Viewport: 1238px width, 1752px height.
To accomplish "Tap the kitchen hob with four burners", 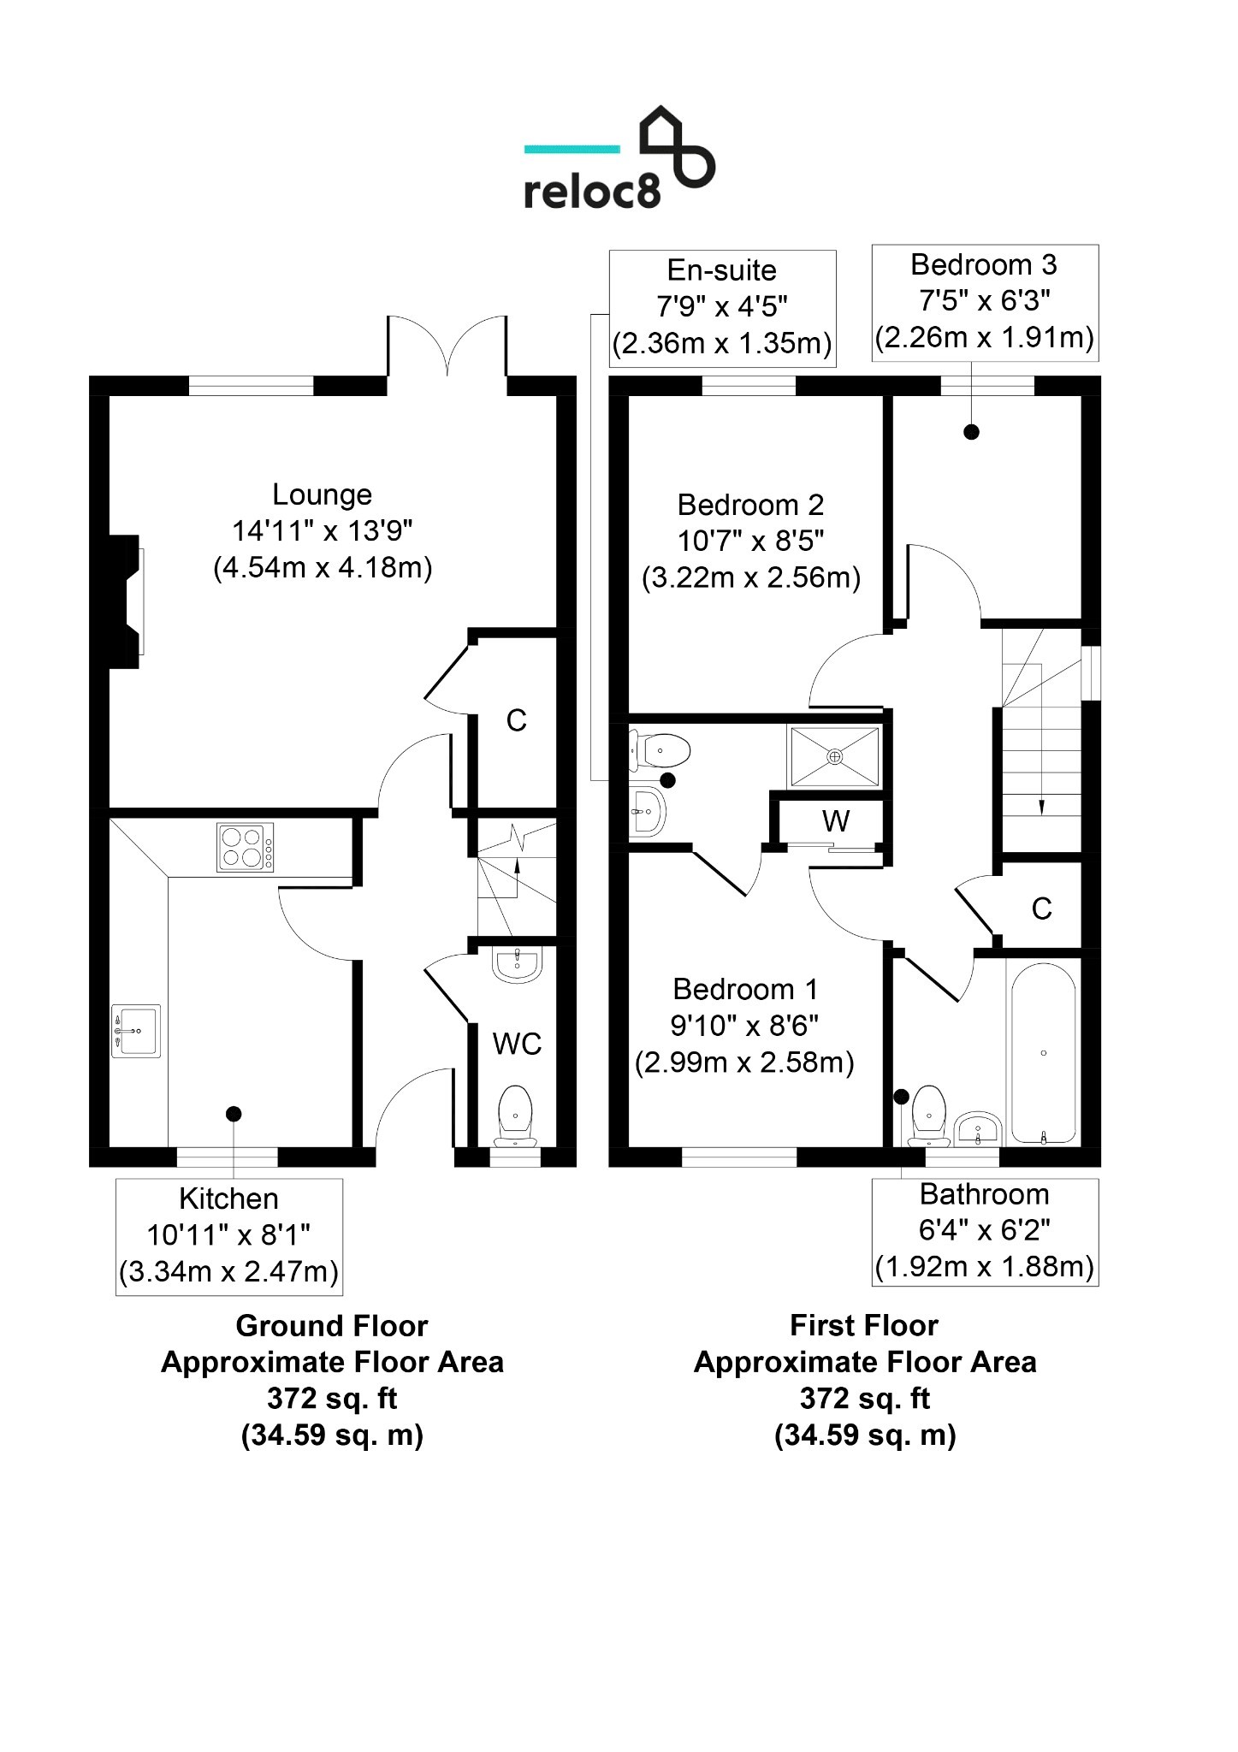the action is [246, 847].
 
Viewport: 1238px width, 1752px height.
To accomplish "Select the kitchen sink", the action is [136, 1031].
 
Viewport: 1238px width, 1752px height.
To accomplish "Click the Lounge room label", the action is [323, 494].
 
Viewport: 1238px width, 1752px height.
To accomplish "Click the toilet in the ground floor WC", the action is [515, 1116].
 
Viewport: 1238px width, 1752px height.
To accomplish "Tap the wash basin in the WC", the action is [518, 964].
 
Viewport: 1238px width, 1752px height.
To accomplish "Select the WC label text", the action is [517, 1044].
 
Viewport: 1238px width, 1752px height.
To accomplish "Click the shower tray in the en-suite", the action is [835, 756].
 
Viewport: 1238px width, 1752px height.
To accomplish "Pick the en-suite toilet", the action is [660, 751].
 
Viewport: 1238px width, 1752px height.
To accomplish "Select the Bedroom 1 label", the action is [745, 989].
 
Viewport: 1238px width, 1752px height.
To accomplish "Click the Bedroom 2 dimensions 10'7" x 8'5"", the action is [751, 541].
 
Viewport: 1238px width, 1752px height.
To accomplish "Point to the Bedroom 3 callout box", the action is [985, 303].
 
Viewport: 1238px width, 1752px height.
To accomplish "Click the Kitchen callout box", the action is [229, 1236].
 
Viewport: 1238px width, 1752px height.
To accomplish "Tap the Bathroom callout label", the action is [985, 1193].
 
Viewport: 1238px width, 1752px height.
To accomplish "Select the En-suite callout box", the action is [722, 308].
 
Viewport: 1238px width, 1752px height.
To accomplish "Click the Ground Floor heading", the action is [332, 1325].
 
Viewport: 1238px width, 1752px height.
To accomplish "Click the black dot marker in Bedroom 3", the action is [971, 432].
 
